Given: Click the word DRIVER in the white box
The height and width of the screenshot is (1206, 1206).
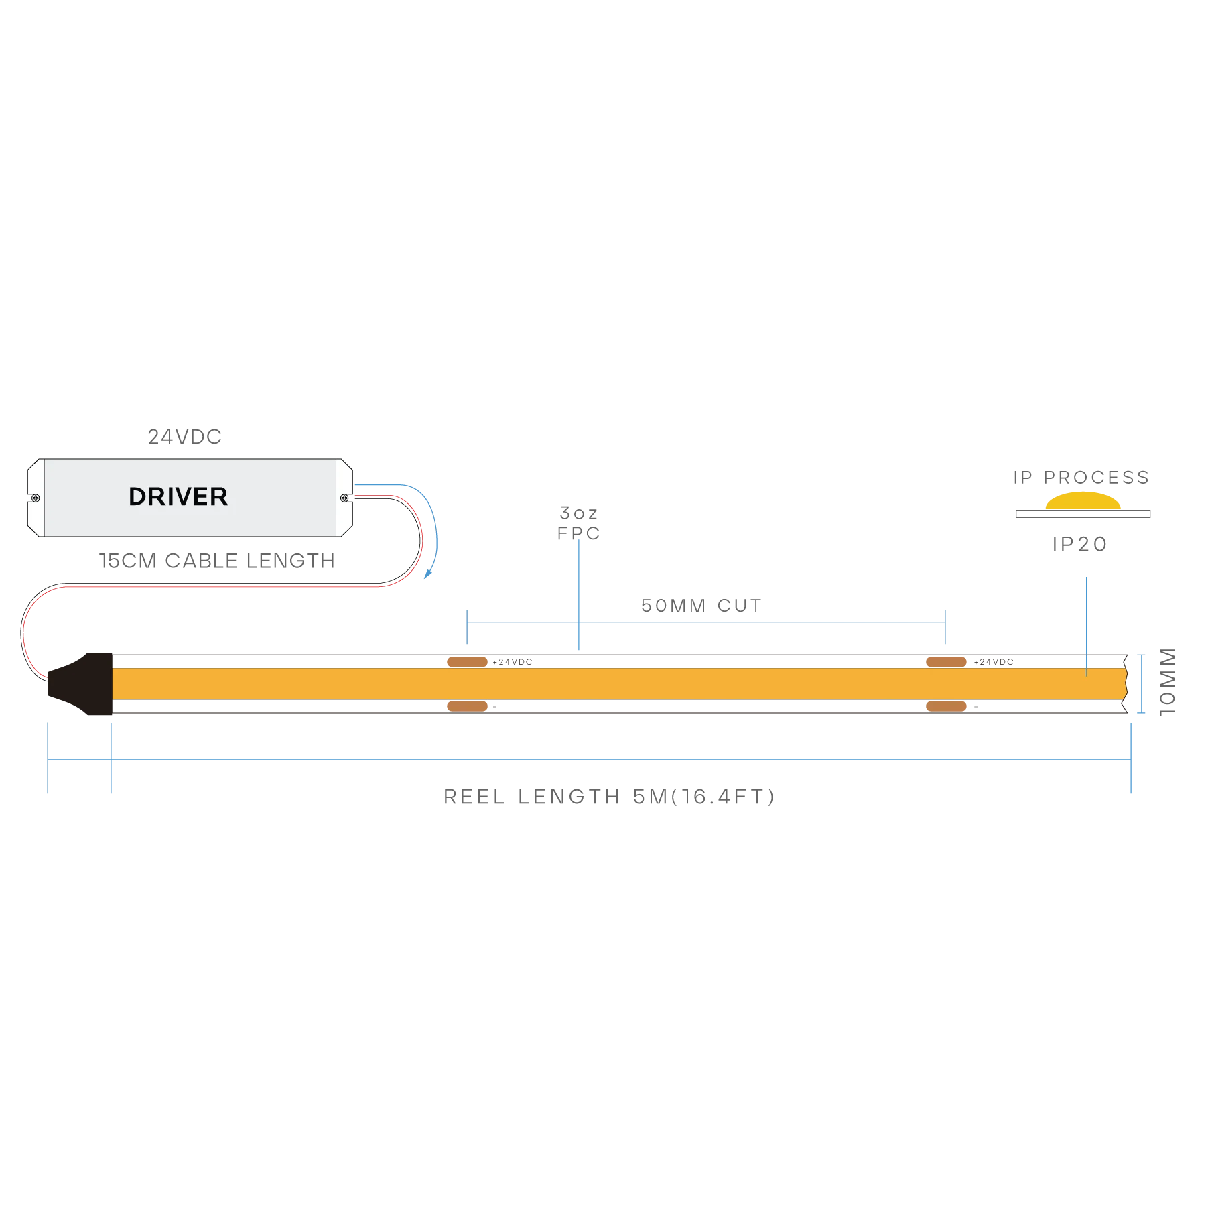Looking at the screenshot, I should pyautogui.click(x=178, y=496).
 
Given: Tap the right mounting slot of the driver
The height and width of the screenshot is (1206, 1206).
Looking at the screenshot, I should pyautogui.click(x=346, y=498).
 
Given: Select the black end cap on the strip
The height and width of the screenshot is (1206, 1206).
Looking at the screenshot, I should pyautogui.click(x=84, y=683).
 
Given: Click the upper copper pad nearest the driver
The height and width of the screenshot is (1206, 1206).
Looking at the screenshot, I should pyautogui.click(x=466, y=662).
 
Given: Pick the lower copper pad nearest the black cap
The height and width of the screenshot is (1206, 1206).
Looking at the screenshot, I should pyautogui.click(x=466, y=706).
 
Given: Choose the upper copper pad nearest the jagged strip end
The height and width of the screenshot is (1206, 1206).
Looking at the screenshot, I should pyautogui.click(x=946, y=662).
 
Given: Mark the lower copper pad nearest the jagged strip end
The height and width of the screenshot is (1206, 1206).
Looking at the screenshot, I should pyautogui.click(x=946, y=706).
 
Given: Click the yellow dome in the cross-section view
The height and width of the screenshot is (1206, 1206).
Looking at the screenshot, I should pyautogui.click(x=1083, y=502).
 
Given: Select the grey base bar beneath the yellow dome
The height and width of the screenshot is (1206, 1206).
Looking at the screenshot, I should pyautogui.click(x=1082, y=515).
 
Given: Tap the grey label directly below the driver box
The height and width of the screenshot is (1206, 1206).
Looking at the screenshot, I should pyautogui.click(x=218, y=560).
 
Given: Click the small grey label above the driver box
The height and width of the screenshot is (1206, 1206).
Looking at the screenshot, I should pyautogui.click(x=185, y=438).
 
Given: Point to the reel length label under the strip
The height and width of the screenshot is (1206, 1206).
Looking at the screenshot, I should pyautogui.click(x=610, y=797).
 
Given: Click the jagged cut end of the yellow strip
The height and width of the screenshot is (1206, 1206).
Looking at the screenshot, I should pyautogui.click(x=1126, y=683).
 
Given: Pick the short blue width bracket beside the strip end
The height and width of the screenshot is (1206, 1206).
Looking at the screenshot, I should pyautogui.click(x=1140, y=685).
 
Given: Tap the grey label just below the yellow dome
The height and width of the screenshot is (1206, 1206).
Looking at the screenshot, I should pyautogui.click(x=1079, y=544).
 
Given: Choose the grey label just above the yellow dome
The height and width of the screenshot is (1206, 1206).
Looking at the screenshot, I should pyautogui.click(x=1081, y=478).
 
